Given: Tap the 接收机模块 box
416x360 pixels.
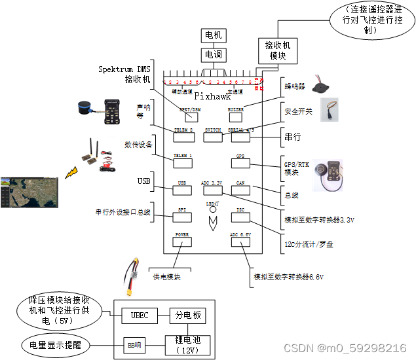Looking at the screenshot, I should click(x=277, y=50).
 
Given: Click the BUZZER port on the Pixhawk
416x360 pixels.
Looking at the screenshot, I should click(x=236, y=114).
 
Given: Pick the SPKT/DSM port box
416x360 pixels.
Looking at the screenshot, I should click(x=191, y=115).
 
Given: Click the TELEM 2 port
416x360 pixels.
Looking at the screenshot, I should click(x=183, y=134).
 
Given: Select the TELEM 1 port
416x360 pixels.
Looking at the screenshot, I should click(x=183, y=160).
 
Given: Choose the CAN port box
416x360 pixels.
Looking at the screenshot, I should click(x=240, y=187).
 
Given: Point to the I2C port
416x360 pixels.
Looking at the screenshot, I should click(x=240, y=213).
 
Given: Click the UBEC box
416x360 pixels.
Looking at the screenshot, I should click(x=140, y=315).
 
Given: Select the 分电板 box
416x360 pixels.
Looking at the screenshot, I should click(x=187, y=315).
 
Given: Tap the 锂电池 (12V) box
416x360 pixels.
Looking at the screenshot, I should click(x=188, y=344).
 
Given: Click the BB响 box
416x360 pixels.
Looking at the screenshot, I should click(x=134, y=344).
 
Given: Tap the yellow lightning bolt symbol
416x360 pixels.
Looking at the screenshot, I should click(x=70, y=173).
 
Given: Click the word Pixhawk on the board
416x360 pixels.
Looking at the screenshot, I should click(x=213, y=96).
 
